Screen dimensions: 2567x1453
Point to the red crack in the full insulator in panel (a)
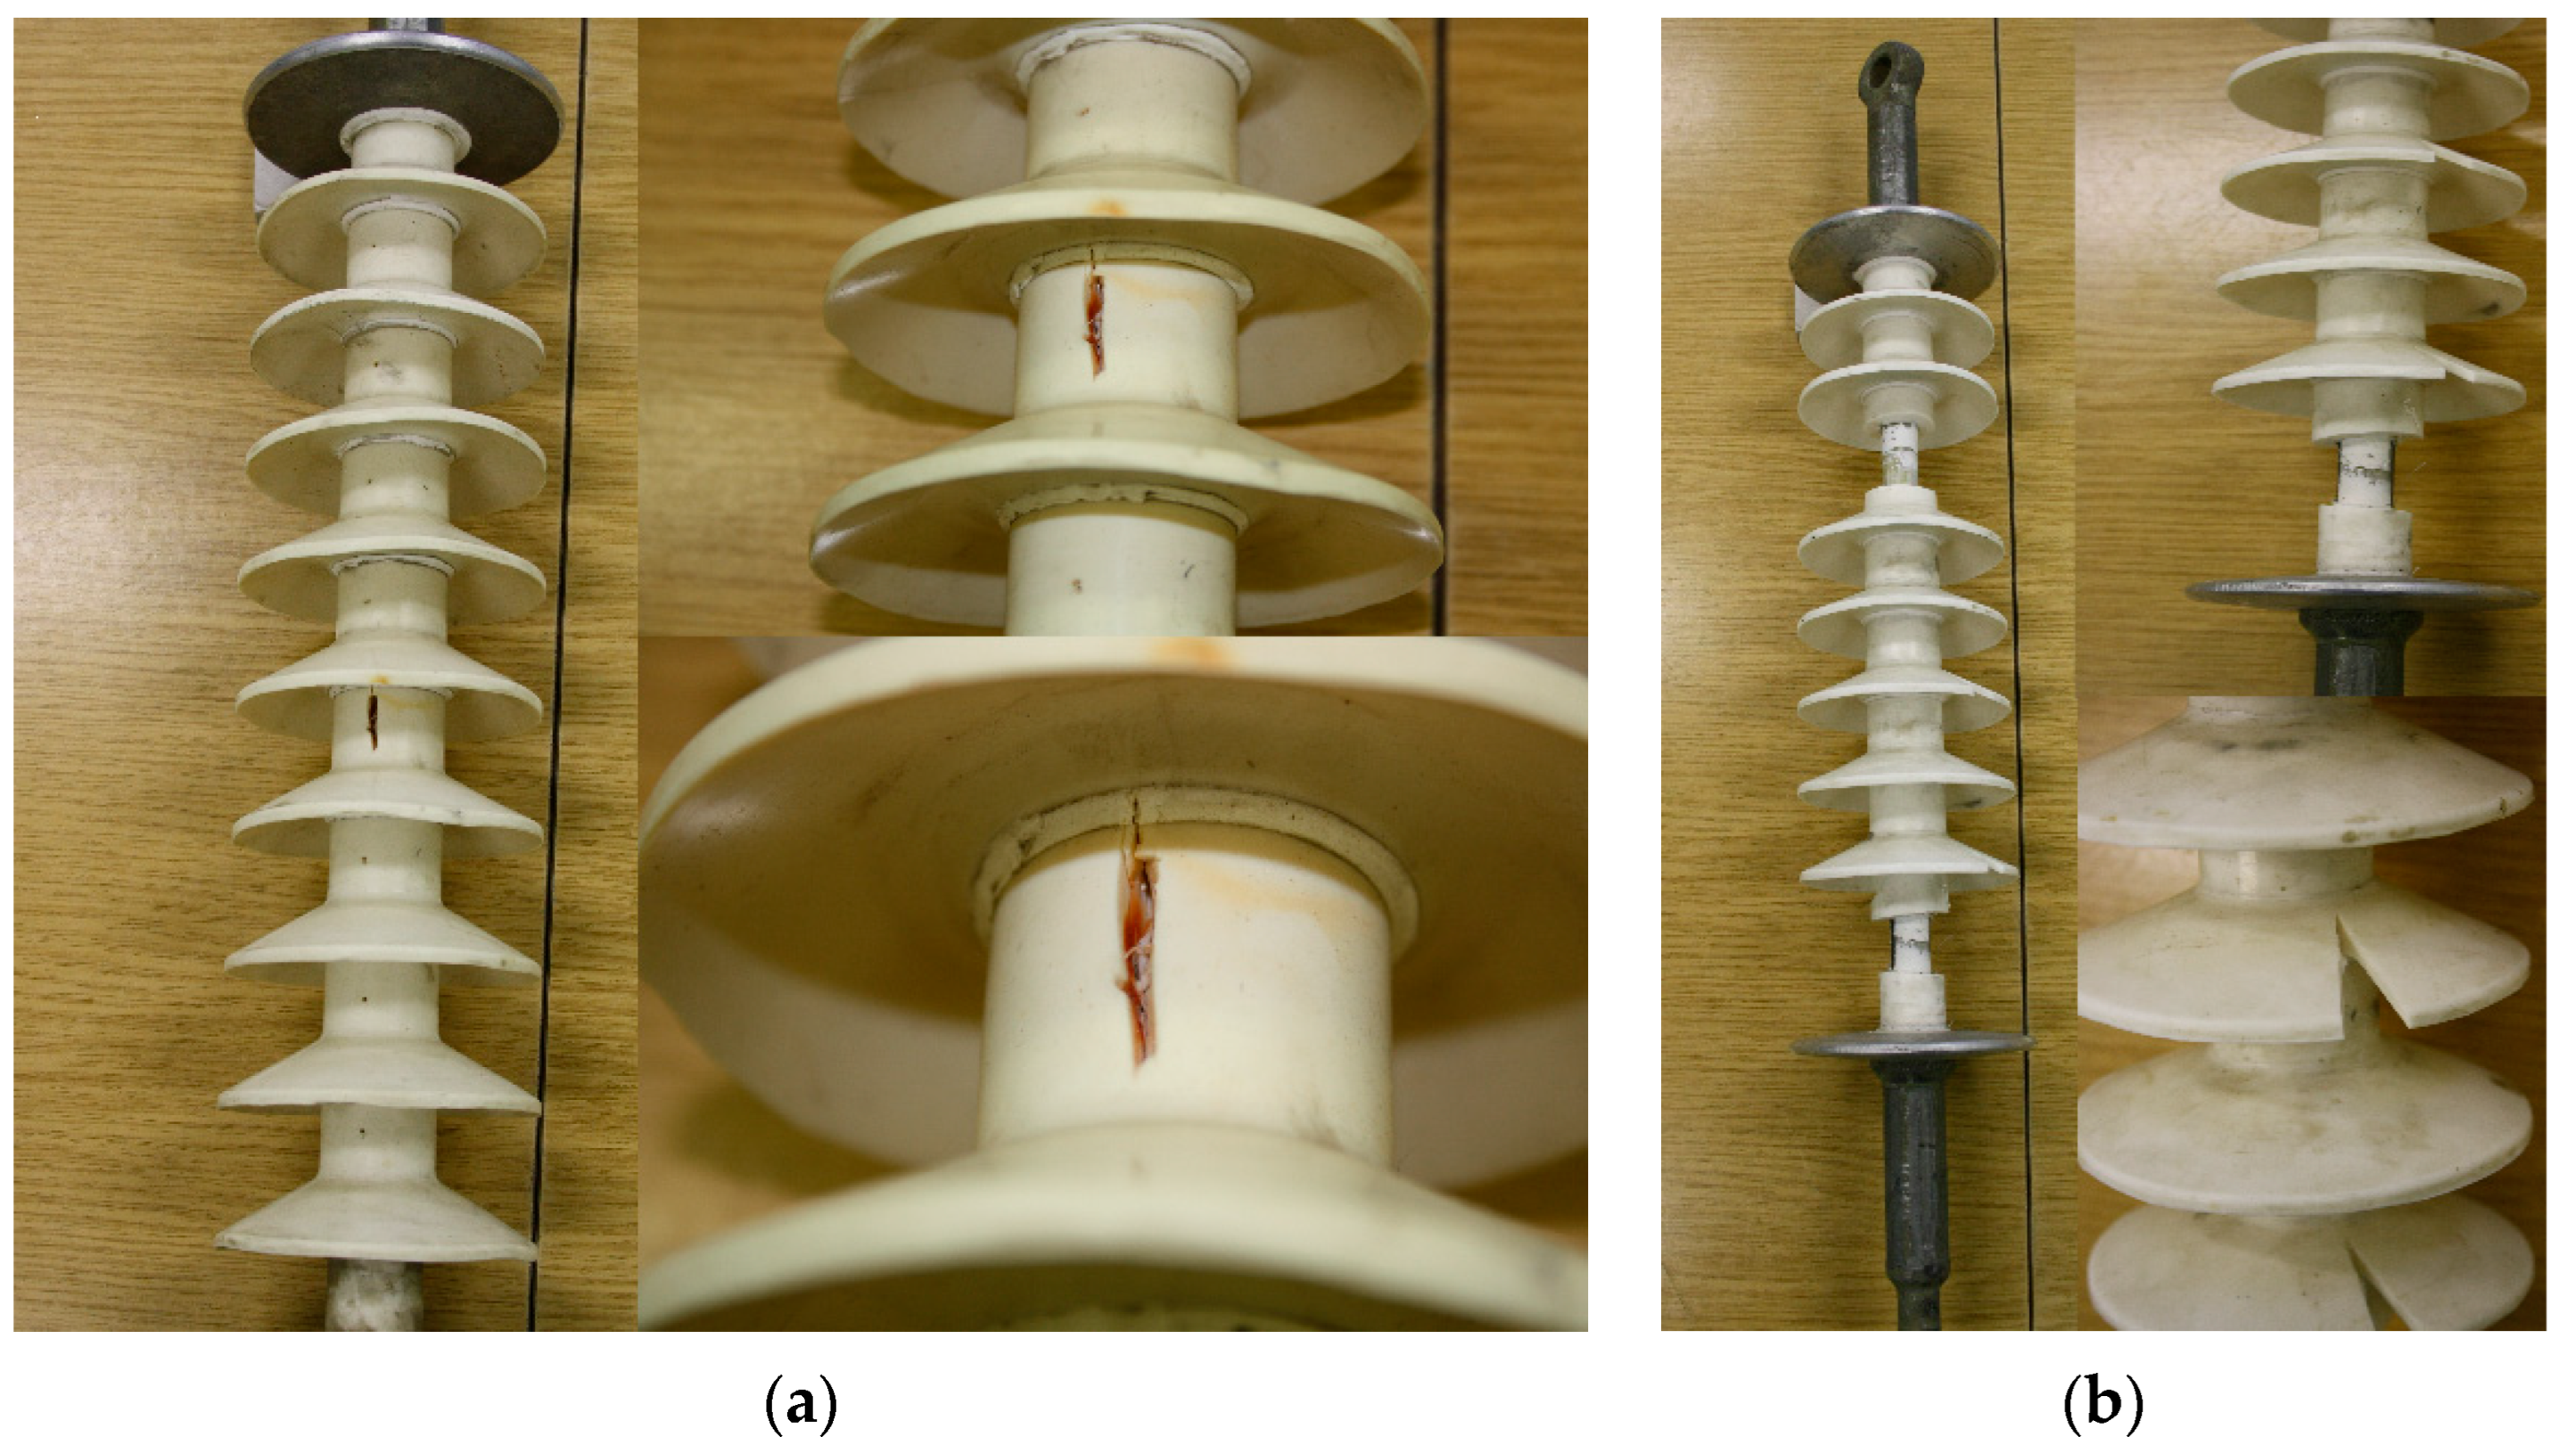click(373, 719)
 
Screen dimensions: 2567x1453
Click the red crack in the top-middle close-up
click(1096, 321)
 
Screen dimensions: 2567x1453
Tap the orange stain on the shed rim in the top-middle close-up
click(1105, 208)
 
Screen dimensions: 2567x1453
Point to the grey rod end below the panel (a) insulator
click(377, 1296)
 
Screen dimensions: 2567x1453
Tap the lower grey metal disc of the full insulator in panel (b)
click(1913, 1044)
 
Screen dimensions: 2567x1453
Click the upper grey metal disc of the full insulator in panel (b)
click(1893, 248)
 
